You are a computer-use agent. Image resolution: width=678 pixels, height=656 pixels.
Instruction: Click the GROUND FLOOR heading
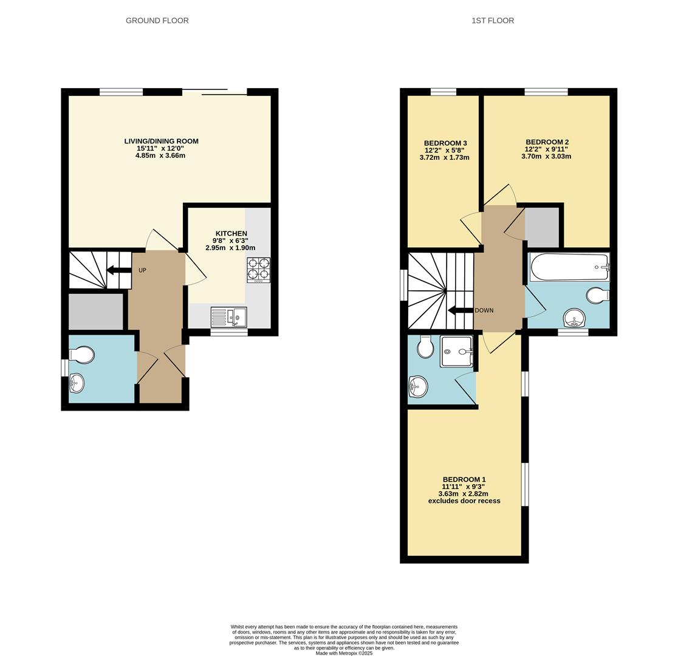click(x=157, y=21)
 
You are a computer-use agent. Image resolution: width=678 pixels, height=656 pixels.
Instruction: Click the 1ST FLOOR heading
click(x=492, y=21)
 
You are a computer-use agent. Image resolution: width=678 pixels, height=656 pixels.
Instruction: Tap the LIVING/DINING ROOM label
click(x=161, y=141)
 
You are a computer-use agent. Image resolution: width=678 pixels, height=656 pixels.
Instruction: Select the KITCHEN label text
click(x=231, y=233)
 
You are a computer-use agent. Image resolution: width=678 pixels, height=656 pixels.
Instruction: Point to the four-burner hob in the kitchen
click(x=258, y=270)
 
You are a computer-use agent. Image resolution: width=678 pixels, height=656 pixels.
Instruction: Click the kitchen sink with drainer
click(x=228, y=317)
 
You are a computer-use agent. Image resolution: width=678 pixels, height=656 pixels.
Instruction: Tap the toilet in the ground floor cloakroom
click(x=83, y=354)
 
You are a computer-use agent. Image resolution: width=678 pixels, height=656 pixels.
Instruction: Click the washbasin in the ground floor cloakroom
click(x=77, y=383)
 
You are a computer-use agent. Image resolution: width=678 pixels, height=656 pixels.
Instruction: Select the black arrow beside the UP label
click(x=118, y=270)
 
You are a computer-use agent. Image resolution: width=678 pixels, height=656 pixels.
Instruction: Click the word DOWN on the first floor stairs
click(x=484, y=310)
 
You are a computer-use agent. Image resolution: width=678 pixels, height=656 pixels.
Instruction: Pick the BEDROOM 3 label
click(x=445, y=143)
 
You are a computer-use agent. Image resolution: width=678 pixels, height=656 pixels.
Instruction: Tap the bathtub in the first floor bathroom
click(x=569, y=267)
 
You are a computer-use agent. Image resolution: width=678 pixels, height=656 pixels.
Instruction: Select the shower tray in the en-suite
click(x=456, y=351)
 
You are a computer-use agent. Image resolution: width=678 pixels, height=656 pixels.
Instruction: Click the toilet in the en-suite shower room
click(x=425, y=347)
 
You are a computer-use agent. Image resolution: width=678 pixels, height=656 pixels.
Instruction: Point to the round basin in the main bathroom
click(x=574, y=318)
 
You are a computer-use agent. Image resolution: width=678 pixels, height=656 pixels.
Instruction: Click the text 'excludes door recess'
click(x=464, y=501)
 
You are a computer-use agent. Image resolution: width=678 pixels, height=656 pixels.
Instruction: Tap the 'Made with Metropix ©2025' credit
click(x=344, y=653)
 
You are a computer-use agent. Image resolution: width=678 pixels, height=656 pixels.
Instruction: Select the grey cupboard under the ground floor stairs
click(x=95, y=312)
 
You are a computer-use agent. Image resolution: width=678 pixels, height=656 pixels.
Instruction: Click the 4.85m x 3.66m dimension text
click(x=160, y=155)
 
